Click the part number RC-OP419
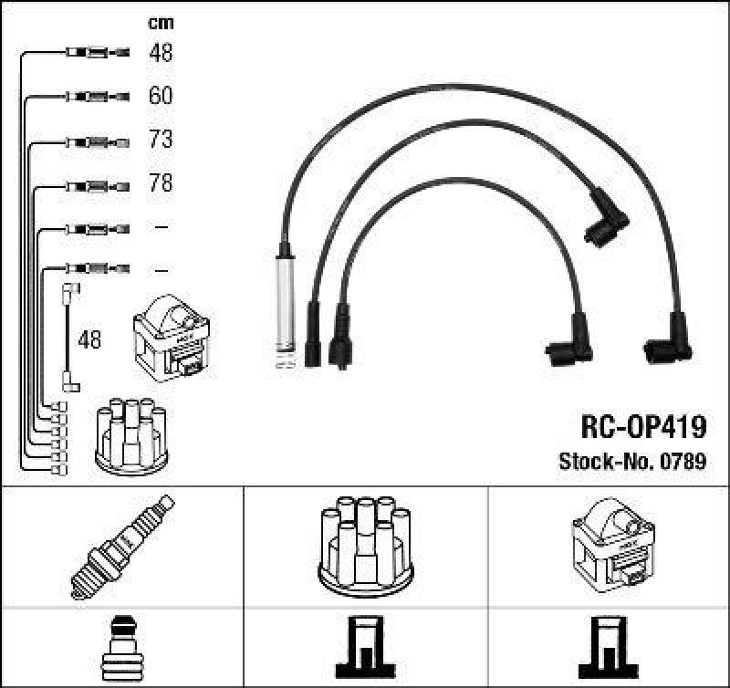coord(642,426)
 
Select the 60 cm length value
coord(160,96)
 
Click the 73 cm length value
coord(160,140)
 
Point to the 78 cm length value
coord(160,184)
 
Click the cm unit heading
coord(161,23)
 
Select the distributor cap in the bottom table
coord(365,544)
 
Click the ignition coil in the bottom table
coord(611,544)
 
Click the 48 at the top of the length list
coord(160,53)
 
